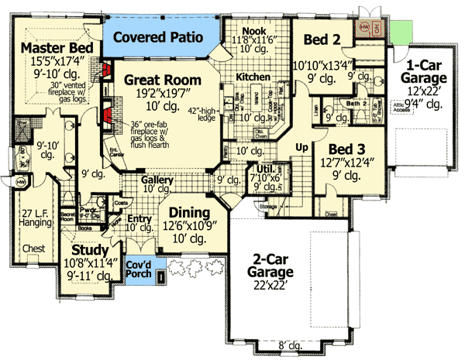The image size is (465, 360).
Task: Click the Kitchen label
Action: point(253,78)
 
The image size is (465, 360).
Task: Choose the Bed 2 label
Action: point(318,39)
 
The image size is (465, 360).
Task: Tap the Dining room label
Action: point(184,213)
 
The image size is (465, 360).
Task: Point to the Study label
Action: point(91,250)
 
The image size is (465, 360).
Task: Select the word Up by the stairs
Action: point(304,146)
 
